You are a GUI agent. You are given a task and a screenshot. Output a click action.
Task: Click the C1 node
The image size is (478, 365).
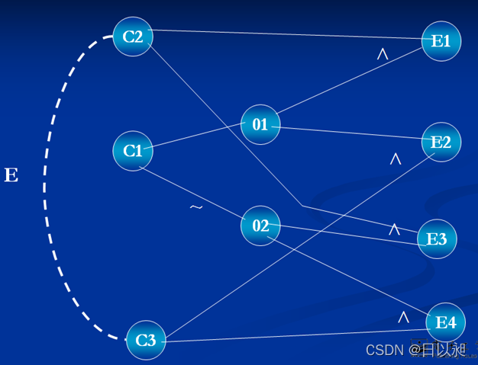(133, 151)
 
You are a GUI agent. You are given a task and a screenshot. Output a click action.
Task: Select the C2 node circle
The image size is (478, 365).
(133, 37)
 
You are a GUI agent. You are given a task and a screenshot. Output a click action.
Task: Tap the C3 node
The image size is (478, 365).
(146, 341)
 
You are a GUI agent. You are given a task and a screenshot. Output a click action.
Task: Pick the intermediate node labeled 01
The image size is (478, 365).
(260, 124)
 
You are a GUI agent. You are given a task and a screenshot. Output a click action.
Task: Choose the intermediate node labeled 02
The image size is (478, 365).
(260, 226)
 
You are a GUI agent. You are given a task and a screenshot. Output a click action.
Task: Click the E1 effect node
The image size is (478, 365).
(441, 41)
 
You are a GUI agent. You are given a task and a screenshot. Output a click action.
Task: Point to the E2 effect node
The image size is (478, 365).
(441, 142)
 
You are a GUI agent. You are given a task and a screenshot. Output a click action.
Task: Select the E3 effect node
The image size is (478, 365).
(437, 239)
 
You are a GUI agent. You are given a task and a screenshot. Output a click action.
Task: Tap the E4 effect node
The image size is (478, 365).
(446, 323)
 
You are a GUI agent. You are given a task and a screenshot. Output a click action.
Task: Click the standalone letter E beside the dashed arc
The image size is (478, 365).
(11, 176)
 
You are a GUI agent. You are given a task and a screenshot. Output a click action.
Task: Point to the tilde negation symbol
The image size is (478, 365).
(196, 207)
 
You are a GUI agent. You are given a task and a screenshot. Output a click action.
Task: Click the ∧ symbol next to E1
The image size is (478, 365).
(383, 54)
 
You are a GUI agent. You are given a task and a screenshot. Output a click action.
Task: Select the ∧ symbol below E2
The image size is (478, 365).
(396, 159)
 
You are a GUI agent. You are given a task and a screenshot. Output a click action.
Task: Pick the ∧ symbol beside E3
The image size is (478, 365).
(395, 229)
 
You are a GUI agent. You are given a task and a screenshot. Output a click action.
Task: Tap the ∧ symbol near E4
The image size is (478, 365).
(403, 316)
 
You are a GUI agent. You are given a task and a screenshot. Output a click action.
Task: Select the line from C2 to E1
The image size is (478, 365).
(290, 34)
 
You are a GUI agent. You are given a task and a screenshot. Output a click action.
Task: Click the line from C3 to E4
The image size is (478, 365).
(298, 335)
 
